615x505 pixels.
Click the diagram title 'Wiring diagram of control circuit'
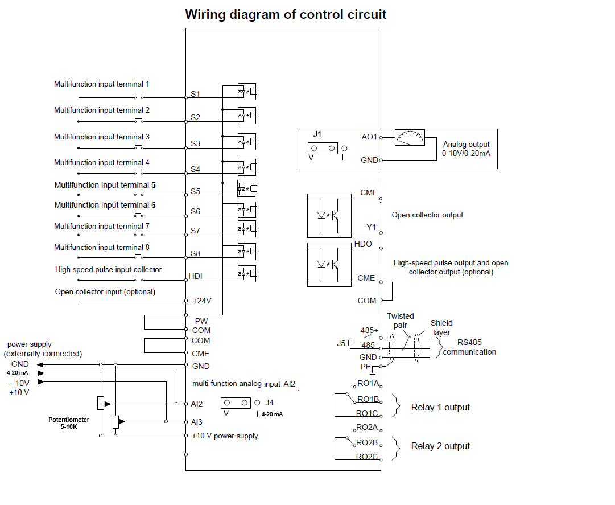pos(286,14)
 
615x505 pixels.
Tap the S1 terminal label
pos(195,94)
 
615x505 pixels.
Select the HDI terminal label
pos(196,277)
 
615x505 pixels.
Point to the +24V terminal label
pos(202,300)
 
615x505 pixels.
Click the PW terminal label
pos(201,321)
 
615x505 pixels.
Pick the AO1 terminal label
pos(369,137)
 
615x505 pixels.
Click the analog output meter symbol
pos(410,137)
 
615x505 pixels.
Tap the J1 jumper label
pos(318,135)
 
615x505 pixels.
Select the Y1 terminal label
pos(372,227)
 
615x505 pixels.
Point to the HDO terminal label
pos(363,244)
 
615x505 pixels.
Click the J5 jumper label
pos(341,343)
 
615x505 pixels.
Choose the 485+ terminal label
pos(369,330)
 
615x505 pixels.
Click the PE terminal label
pos(365,366)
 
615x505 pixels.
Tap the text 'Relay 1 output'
pos(440,408)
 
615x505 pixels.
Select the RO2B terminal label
pos(368,442)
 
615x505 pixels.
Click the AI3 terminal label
pos(197,422)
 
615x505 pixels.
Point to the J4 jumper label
pos(269,403)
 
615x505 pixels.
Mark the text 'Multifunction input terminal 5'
pos(105,185)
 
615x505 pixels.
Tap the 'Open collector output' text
pos(427,215)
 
